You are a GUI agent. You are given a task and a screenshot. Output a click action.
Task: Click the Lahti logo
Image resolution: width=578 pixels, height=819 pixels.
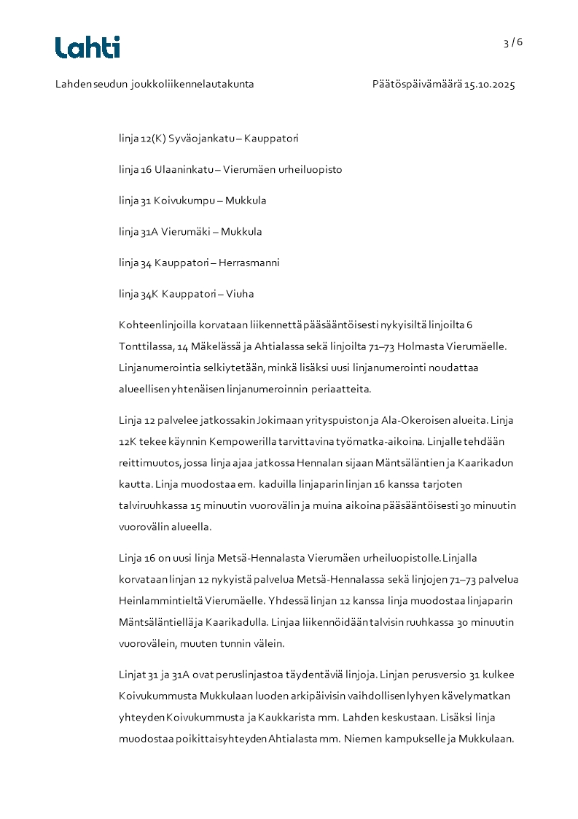click(x=87, y=47)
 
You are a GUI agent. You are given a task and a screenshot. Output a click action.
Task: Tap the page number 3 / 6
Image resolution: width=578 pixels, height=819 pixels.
click(x=513, y=42)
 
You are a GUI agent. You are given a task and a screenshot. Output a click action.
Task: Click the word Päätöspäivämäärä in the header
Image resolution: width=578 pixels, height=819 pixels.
click(x=417, y=85)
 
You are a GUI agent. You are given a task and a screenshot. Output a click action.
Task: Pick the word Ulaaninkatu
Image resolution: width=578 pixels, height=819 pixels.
click(x=184, y=170)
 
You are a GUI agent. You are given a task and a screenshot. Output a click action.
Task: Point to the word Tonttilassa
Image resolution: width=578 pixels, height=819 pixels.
click(x=147, y=346)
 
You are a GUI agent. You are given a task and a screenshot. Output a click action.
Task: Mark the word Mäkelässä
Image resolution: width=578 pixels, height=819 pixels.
click(x=215, y=346)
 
